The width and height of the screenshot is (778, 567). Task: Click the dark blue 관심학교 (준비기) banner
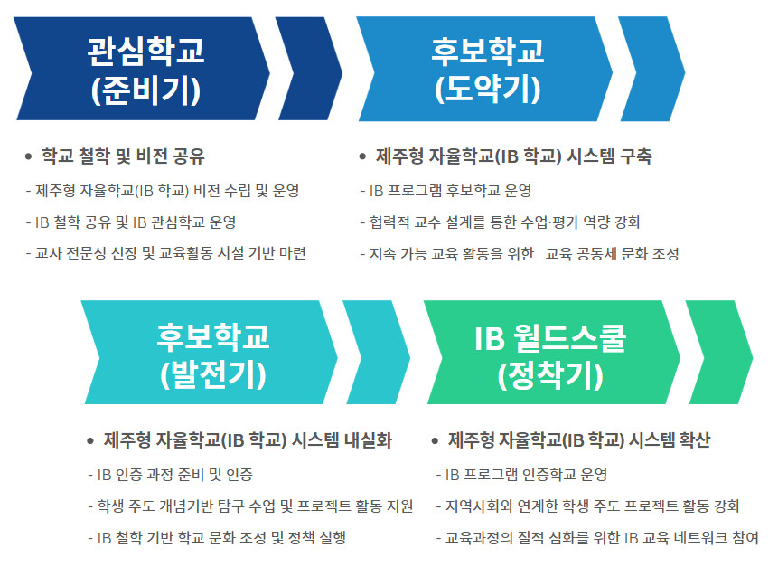click(x=142, y=69)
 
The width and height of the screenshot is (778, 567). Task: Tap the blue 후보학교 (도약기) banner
click(x=484, y=69)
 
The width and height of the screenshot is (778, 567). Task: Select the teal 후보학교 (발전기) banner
click(x=210, y=352)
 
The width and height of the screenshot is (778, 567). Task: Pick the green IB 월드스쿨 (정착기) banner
click(x=552, y=352)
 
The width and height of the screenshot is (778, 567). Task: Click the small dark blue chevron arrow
click(x=309, y=69)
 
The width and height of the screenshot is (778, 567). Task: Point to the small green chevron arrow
click(x=719, y=352)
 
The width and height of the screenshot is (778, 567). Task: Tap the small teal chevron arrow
click(x=377, y=352)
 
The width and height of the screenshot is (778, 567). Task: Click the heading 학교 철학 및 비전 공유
click(x=123, y=156)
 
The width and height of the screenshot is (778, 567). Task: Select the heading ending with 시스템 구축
click(x=513, y=156)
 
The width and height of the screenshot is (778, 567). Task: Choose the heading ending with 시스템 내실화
click(x=248, y=440)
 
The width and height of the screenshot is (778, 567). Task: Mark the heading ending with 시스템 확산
click(x=579, y=440)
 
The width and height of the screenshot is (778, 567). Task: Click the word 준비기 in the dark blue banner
click(x=145, y=90)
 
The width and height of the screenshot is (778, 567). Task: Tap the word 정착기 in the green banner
click(x=551, y=375)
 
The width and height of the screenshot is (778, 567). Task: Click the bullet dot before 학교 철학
click(x=28, y=156)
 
